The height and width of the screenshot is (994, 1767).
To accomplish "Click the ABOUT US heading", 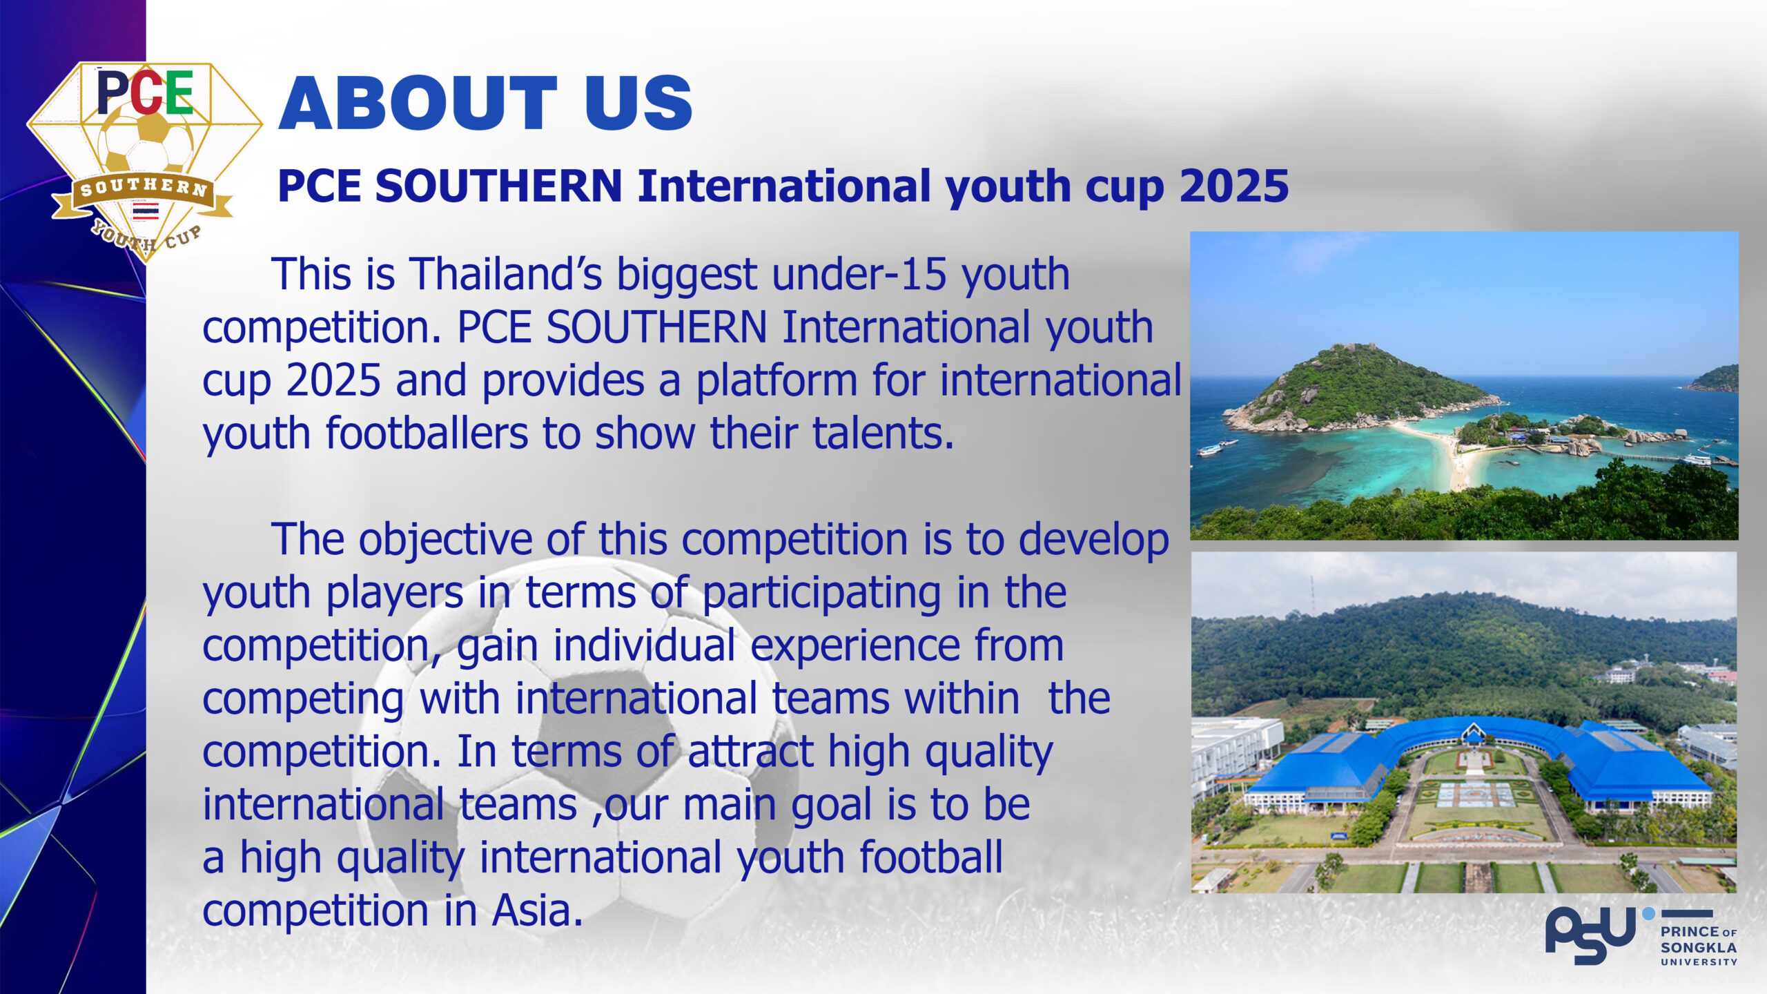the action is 485,103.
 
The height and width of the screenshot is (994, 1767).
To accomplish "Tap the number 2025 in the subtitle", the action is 1234,186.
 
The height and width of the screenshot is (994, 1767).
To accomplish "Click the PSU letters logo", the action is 1590,935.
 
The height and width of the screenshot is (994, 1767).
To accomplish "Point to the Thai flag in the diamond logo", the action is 146,211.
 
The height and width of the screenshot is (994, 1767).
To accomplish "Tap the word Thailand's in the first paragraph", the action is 506,274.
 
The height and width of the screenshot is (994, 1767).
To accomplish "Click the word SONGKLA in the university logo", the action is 1699,948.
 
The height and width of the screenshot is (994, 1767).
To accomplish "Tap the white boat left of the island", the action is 1210,451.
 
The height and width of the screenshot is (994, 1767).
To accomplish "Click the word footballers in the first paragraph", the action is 427,433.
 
